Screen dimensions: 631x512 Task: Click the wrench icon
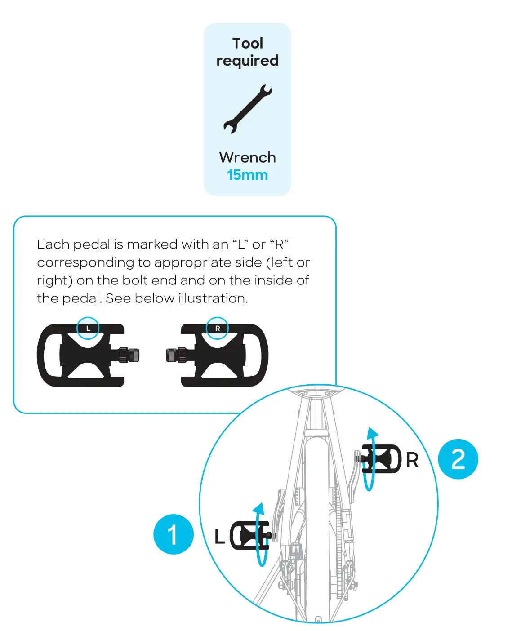coord(247,109)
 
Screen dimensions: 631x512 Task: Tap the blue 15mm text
coord(247,175)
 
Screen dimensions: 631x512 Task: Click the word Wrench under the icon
coord(247,157)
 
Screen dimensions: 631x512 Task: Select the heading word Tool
coord(247,43)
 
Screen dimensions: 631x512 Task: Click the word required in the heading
coord(247,61)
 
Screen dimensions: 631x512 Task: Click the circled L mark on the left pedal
coord(88,329)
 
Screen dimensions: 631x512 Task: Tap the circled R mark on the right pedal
coord(217,329)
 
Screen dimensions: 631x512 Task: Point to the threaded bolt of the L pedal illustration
coord(130,355)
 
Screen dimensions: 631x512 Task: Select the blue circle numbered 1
coord(174,534)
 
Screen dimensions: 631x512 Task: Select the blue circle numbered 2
coord(458,459)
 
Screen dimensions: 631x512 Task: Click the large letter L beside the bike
coord(219,536)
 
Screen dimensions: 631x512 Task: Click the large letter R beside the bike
coord(412,460)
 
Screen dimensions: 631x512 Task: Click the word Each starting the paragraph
coord(53,244)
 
